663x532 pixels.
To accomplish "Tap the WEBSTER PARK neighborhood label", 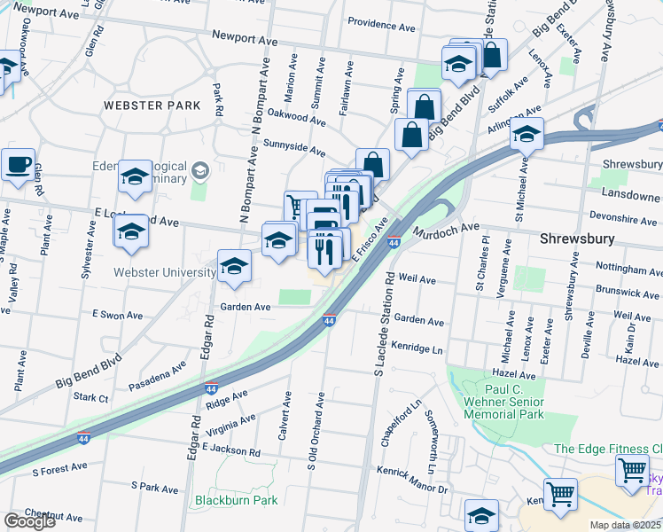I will pos(152,106).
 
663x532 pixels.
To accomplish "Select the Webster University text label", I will pos(165,272).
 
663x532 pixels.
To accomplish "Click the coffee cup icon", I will pos(18,165).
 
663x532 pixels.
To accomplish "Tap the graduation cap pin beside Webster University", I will pos(234,267).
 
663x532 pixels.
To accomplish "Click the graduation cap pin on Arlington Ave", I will pos(526,136).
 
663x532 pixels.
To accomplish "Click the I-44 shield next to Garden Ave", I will pos(328,320).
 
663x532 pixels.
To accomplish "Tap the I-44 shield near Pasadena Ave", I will pos(211,388).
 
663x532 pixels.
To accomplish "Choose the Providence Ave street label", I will pos(381,27).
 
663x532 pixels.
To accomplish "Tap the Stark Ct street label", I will pos(91,398).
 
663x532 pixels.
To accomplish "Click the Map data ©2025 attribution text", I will pos(626,525).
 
